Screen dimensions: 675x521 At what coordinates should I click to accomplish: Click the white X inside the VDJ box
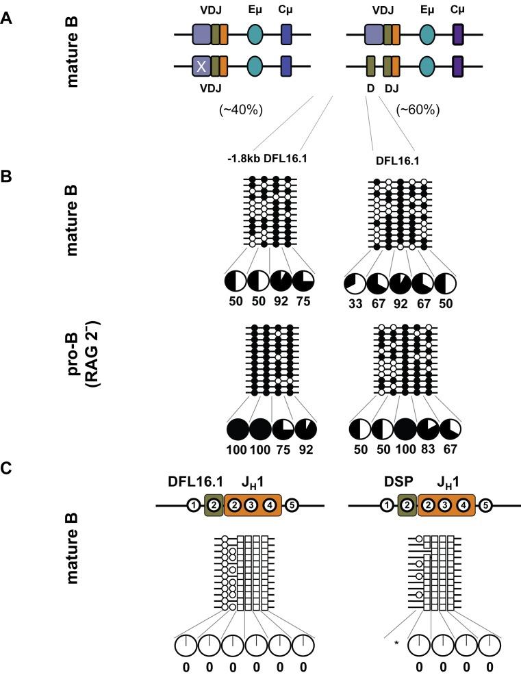coord(201,66)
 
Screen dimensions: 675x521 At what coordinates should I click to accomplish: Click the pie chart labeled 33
coord(354,281)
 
